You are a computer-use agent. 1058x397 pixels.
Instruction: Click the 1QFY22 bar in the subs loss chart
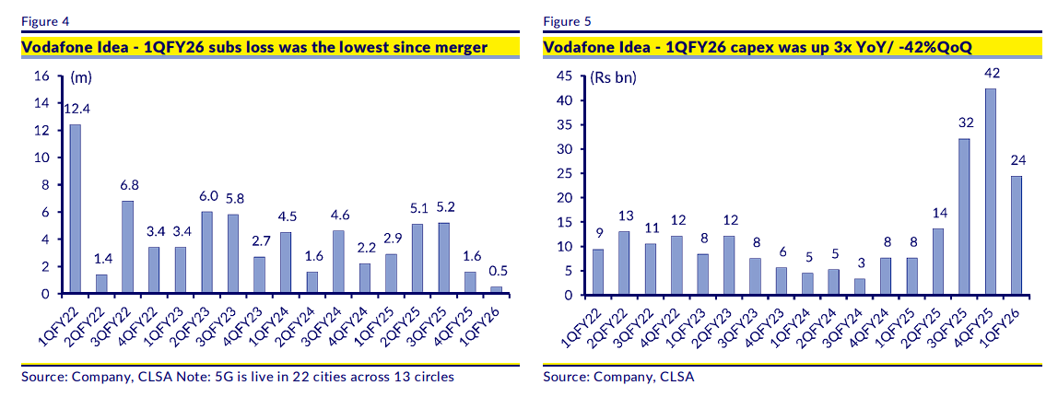75,209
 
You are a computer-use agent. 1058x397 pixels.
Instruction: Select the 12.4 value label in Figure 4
75,109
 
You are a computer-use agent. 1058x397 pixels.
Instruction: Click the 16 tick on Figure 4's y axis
41,76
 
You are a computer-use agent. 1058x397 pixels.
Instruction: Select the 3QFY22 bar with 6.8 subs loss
127,247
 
